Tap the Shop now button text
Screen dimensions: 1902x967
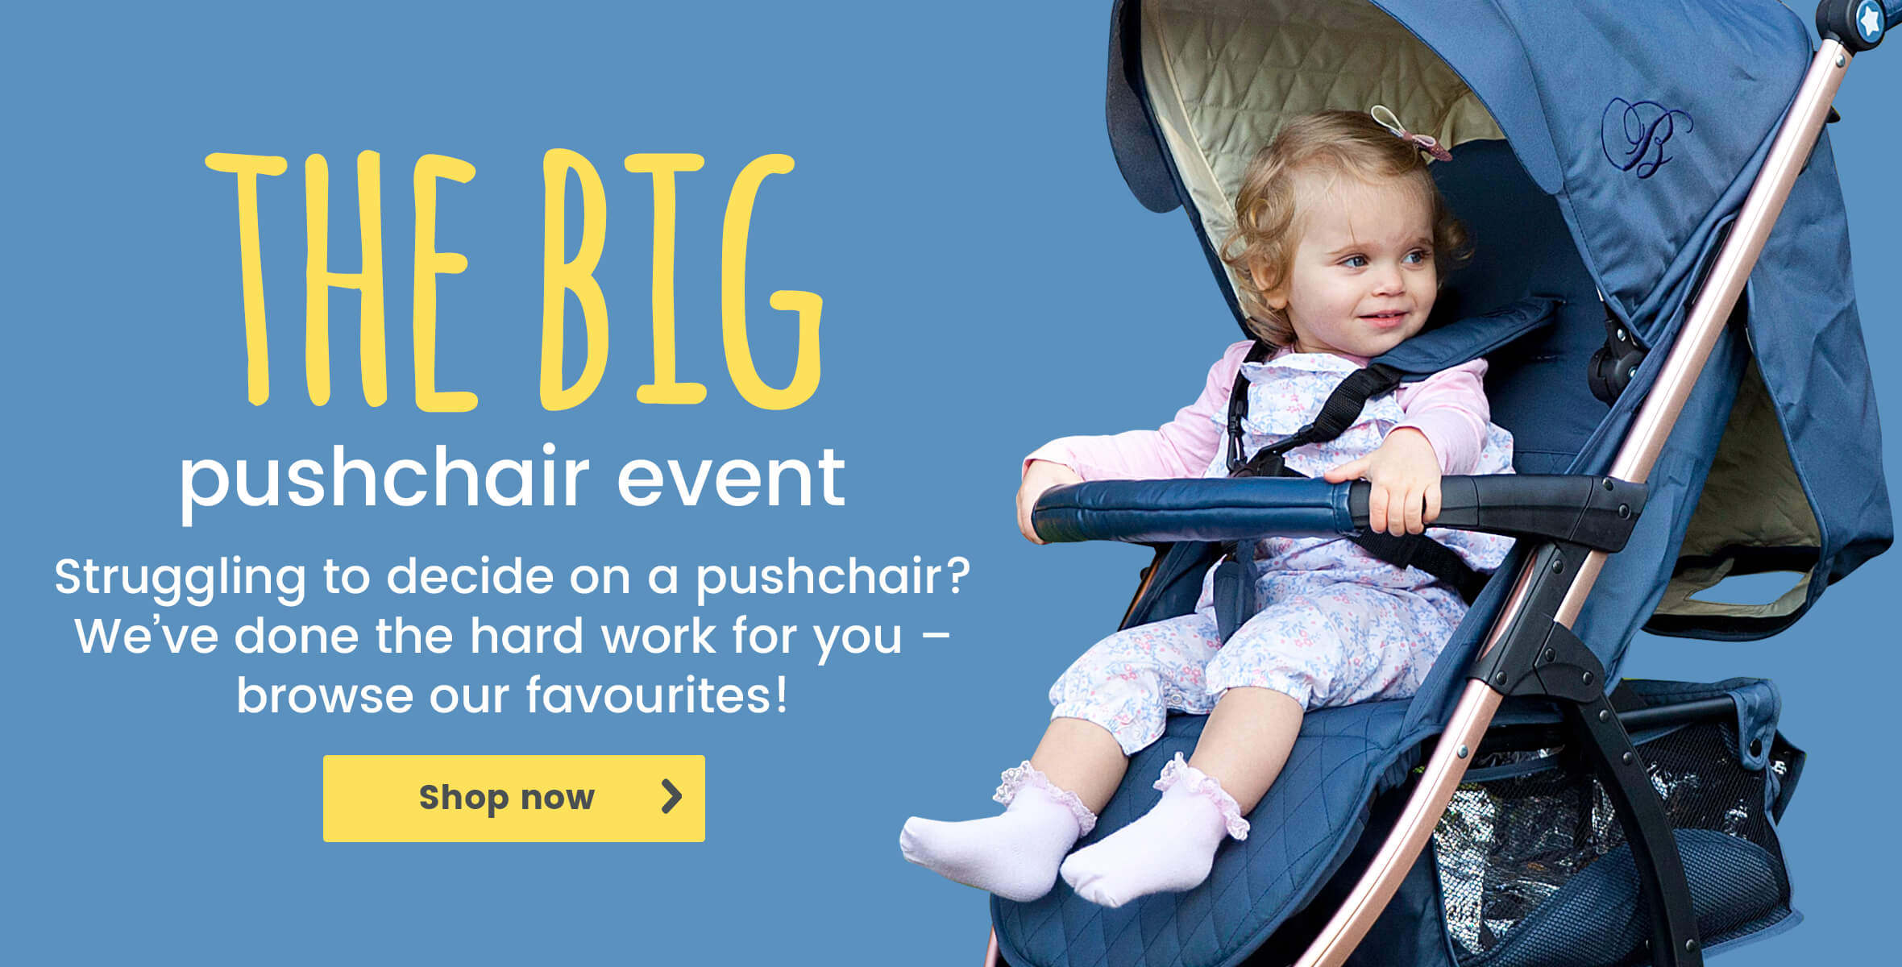pyautogui.click(x=506, y=798)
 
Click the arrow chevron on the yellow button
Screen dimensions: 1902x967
pyautogui.click(x=671, y=796)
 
